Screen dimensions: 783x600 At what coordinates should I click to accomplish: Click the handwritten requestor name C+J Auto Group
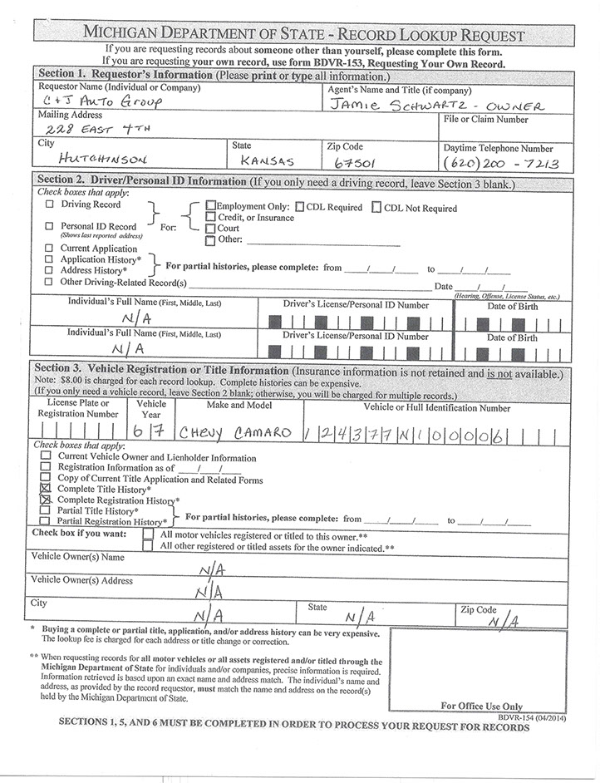pyautogui.click(x=101, y=102)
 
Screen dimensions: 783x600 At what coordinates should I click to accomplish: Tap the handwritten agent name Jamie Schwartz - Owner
pyautogui.click(x=436, y=105)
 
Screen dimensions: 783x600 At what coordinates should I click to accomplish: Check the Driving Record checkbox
pyautogui.click(x=50, y=204)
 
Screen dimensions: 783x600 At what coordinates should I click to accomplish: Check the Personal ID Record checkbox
pyautogui.click(x=50, y=226)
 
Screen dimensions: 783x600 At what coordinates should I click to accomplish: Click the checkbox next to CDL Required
pyautogui.click(x=300, y=207)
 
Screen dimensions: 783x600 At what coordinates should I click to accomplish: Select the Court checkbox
pyautogui.click(x=210, y=229)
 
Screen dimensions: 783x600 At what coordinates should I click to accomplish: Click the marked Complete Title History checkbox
pyautogui.click(x=46, y=490)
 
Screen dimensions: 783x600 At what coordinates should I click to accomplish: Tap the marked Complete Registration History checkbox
pyautogui.click(x=46, y=501)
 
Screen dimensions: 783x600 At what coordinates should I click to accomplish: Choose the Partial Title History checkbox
pyautogui.click(x=46, y=511)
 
